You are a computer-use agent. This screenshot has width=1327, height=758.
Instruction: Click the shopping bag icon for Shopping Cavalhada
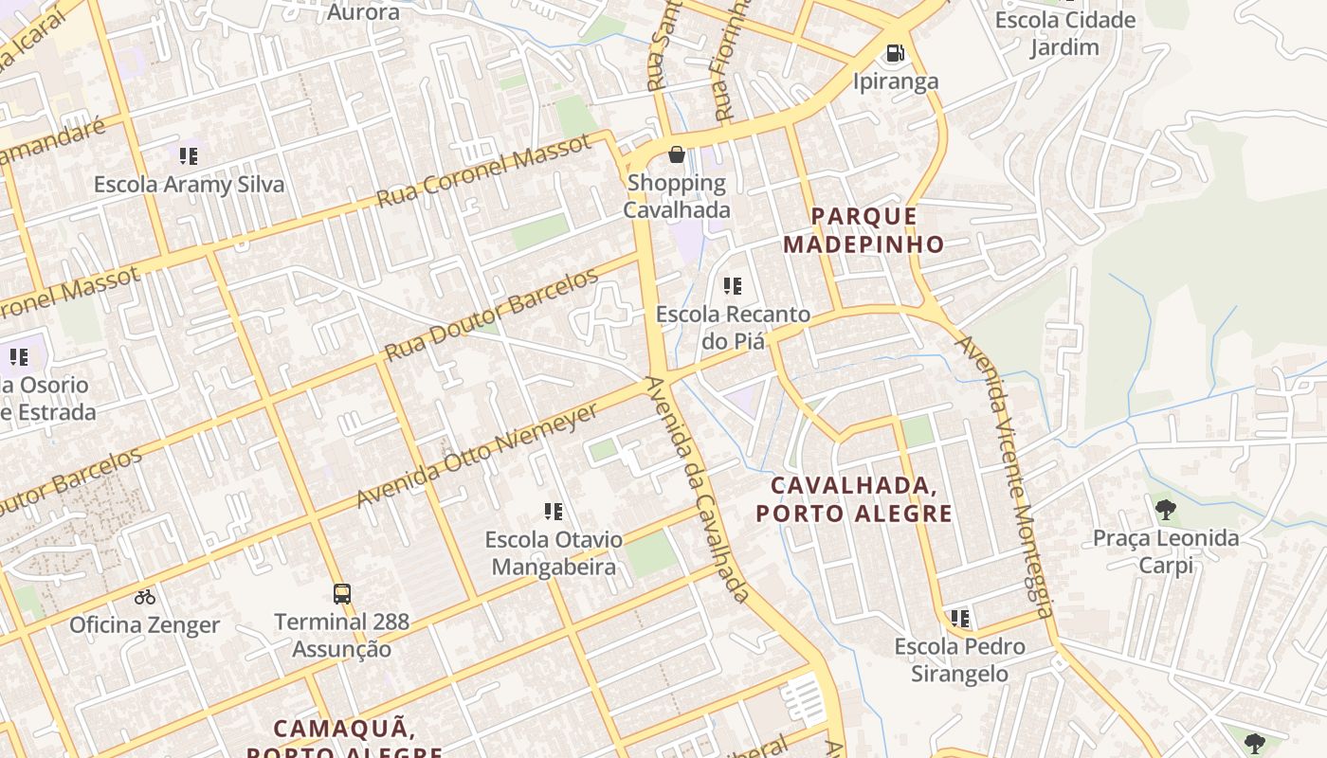677,154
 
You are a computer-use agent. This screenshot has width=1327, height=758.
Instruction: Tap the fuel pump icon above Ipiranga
895,53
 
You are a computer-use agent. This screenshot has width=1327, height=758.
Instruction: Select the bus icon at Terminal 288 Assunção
342,594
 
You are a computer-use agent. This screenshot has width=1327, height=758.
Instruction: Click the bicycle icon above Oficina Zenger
145,597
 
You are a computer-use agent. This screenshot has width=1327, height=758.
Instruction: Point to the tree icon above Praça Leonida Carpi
1166,510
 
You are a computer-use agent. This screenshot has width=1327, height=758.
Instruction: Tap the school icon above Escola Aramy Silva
189,156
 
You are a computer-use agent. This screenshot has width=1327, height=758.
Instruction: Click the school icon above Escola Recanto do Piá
732,285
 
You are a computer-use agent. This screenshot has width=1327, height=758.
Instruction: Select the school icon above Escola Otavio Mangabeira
554,512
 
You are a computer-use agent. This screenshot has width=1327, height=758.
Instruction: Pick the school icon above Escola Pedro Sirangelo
960,619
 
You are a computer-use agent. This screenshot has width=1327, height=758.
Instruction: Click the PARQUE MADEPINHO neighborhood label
863,230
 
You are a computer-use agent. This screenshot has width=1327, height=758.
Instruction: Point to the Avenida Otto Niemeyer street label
478,456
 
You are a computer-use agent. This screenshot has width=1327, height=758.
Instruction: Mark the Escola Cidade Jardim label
1064,33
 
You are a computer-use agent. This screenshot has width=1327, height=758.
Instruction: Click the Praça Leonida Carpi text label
1166,551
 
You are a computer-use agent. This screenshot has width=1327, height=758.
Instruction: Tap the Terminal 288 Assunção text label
342,635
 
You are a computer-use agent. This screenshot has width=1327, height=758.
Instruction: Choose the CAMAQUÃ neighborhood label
344,729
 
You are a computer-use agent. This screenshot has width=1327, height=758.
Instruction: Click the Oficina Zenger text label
145,625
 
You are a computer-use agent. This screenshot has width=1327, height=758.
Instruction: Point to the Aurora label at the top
363,12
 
